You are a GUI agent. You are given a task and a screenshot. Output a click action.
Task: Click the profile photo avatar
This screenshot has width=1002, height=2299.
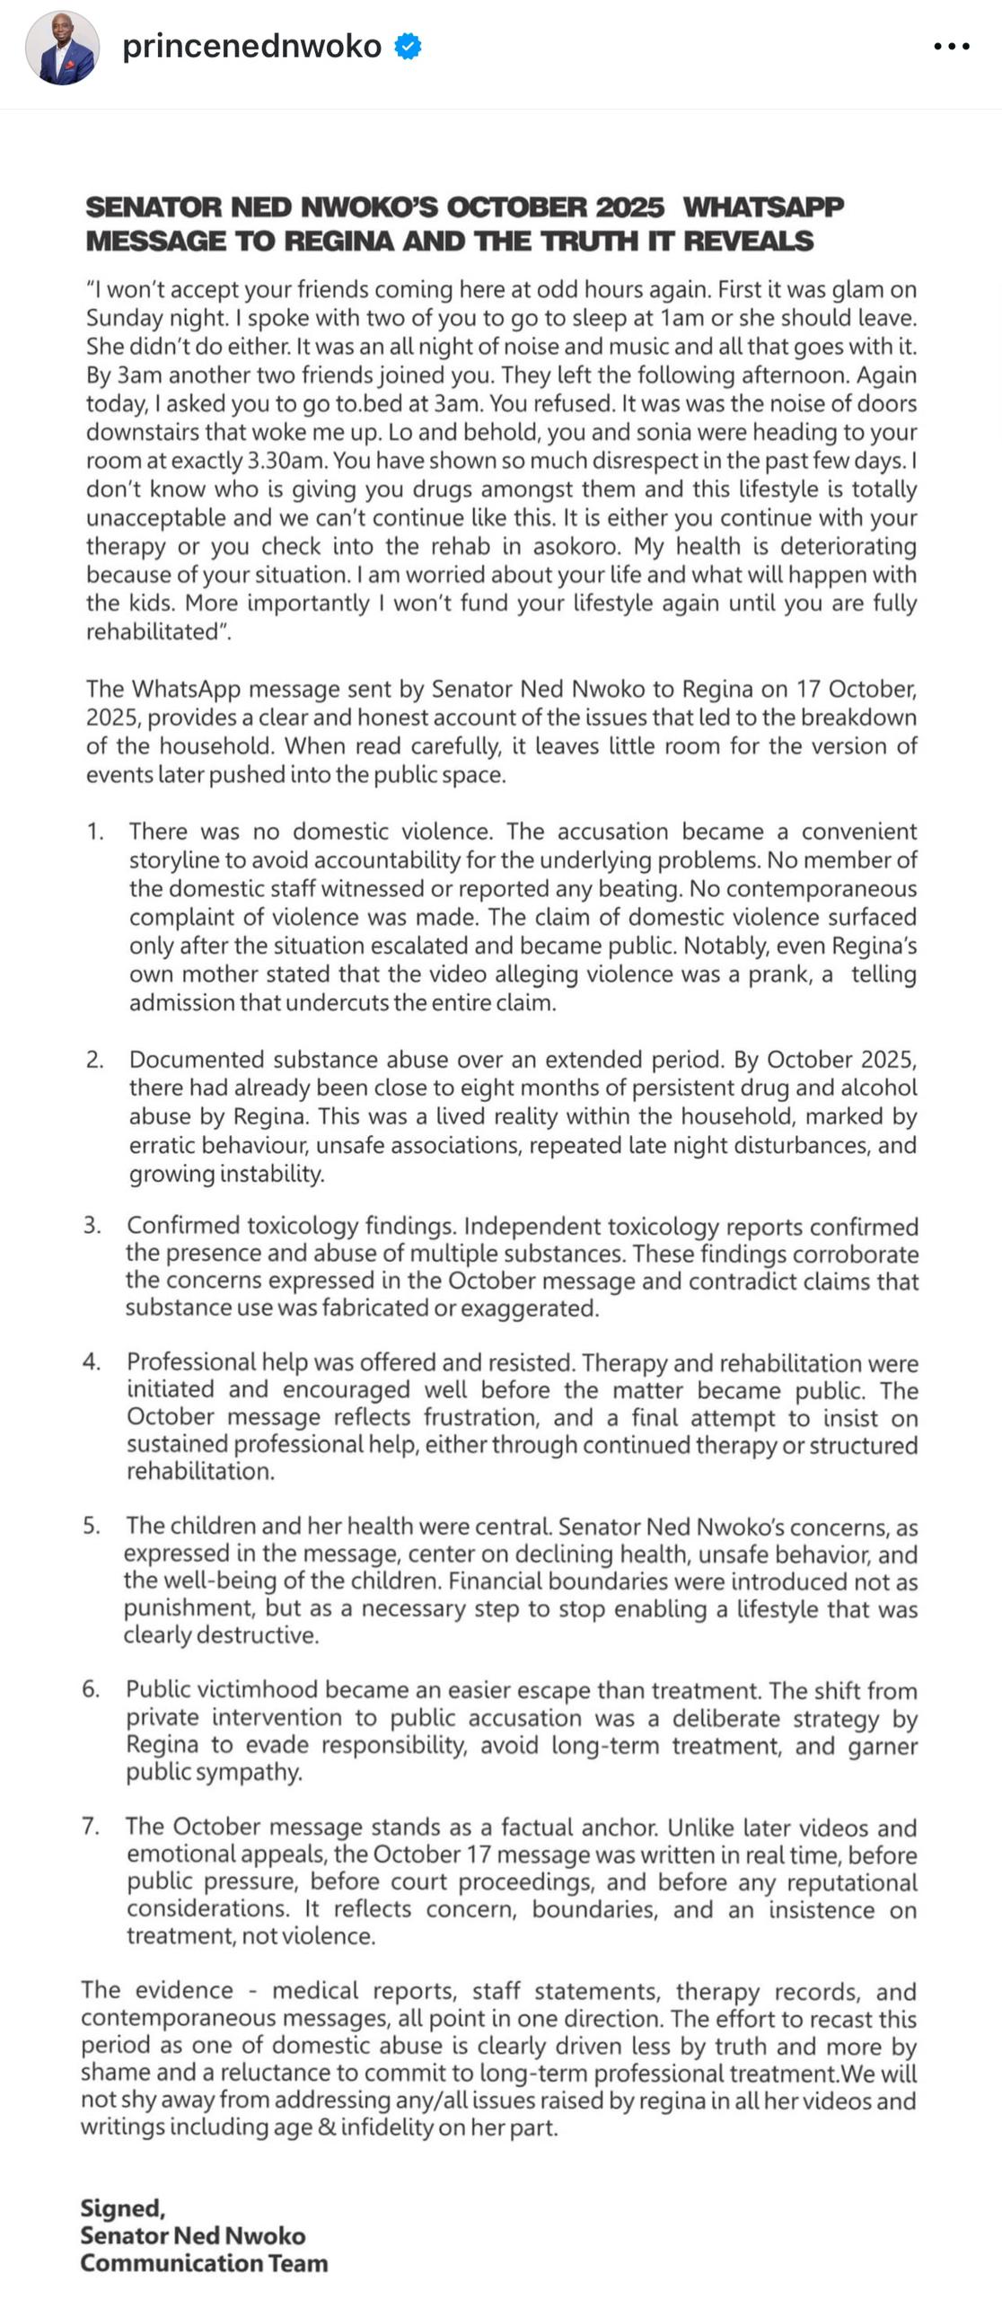point(62,48)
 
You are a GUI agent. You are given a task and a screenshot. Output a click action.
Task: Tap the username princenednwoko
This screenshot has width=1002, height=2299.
point(251,46)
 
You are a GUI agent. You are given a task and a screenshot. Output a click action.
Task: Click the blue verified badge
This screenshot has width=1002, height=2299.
point(409,46)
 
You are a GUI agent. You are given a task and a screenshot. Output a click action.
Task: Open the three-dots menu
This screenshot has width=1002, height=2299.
point(951,47)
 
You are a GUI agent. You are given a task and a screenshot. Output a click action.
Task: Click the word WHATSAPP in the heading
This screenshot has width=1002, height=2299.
point(763,207)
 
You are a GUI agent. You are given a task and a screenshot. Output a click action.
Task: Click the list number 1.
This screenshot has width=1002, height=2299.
point(94,832)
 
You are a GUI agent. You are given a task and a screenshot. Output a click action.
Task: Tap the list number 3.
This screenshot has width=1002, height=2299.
point(92,1226)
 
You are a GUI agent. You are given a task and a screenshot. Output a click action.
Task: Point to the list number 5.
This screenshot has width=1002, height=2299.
point(91,1526)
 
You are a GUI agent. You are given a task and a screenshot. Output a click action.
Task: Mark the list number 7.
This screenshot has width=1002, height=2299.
point(90,1827)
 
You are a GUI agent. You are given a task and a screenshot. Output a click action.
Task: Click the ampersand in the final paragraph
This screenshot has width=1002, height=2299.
point(327,2127)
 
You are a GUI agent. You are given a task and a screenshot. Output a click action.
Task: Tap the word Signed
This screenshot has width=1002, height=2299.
point(122,2208)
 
